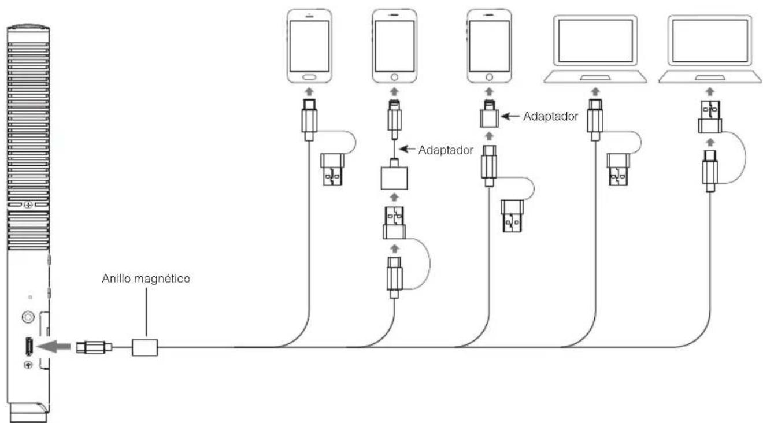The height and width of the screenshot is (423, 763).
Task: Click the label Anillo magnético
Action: pyautogui.click(x=146, y=279)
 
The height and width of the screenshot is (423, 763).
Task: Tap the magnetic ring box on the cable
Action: pyautogui.click(x=145, y=347)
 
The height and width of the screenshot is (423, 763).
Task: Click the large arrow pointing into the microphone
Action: pyautogui.click(x=54, y=347)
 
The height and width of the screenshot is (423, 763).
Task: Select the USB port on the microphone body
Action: pyautogui.click(x=29, y=346)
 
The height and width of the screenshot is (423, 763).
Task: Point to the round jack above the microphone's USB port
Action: pyautogui.click(x=28, y=317)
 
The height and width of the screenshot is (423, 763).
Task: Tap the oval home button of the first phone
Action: pyautogui.click(x=309, y=77)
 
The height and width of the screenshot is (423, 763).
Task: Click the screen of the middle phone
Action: pyautogui.click(x=394, y=46)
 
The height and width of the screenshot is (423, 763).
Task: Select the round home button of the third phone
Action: pyautogui.click(x=489, y=77)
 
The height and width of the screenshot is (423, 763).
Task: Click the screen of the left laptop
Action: pyautogui.click(x=595, y=41)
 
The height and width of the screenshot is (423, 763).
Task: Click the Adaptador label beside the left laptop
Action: pyautogui.click(x=550, y=117)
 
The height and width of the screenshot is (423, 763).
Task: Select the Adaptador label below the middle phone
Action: pyautogui.click(x=446, y=150)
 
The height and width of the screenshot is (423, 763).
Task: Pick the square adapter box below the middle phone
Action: pyautogui.click(x=394, y=178)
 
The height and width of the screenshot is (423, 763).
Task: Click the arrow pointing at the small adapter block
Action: pyautogui.click(x=510, y=117)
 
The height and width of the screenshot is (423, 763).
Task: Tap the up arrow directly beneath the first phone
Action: pyautogui.click(x=309, y=91)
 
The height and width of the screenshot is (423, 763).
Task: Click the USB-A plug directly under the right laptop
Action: pyautogui.click(x=710, y=117)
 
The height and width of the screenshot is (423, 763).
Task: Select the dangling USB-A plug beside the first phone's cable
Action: pyautogui.click(x=332, y=170)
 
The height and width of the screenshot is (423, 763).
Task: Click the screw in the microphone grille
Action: pyautogui.click(x=28, y=205)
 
